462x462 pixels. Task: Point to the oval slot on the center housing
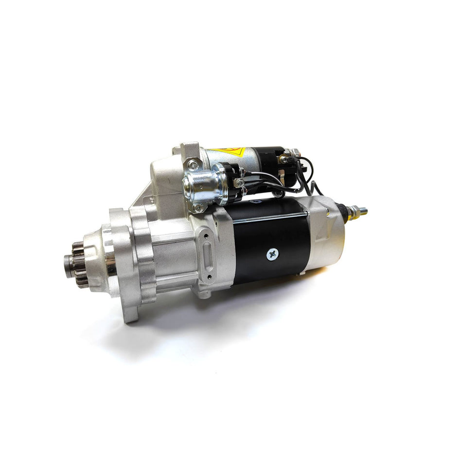pyautogui.click(x=209, y=256)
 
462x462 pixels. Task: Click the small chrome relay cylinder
pyautogui.click(x=201, y=184)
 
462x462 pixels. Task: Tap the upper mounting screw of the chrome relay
pyautogui.click(x=193, y=166)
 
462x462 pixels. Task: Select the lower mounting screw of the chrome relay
pyautogui.click(x=198, y=208)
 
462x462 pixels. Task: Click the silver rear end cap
pyautogui.click(x=326, y=233)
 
